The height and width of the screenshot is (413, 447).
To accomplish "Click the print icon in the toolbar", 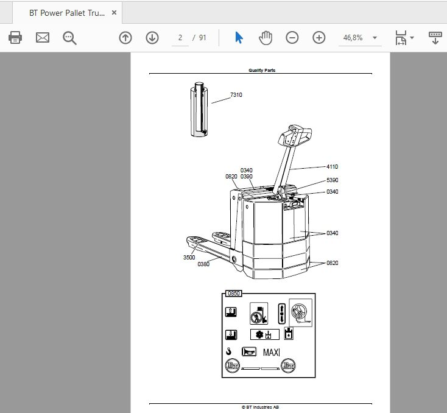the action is [15, 37].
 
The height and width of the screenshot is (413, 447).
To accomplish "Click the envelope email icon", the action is [43, 37].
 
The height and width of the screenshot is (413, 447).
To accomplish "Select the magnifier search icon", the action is [69, 38].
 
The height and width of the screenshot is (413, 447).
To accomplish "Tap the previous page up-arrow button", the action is [125, 38].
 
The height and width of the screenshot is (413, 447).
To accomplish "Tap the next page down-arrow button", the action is [152, 38].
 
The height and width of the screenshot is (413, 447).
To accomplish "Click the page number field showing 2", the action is [180, 38].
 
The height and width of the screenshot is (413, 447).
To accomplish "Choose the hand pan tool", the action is [266, 38].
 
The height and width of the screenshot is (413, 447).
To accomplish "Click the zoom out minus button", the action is [292, 38].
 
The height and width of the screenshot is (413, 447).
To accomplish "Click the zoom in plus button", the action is [319, 38].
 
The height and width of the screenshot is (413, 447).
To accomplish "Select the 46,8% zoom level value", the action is [353, 38].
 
